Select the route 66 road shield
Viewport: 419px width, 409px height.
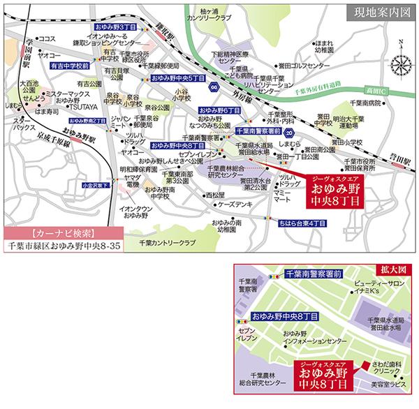[x=215, y=86]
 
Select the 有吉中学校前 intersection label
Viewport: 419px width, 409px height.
[x=70, y=64]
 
